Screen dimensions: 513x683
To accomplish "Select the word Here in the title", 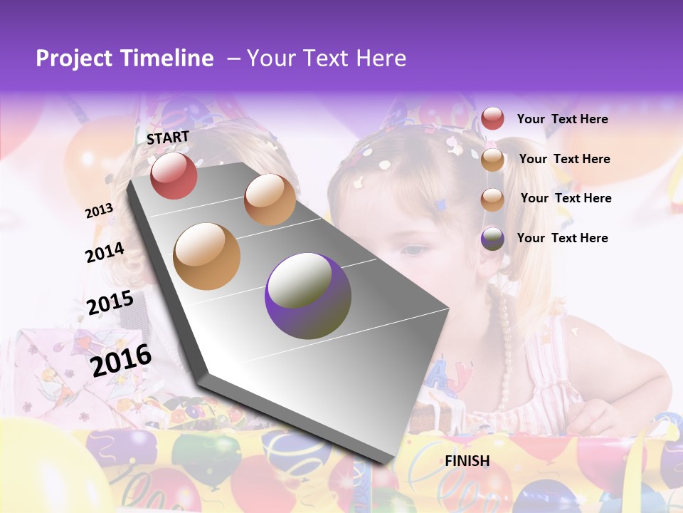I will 381,58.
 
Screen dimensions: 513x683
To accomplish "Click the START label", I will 168,138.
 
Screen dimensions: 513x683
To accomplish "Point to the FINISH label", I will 467,461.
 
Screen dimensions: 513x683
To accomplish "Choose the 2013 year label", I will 99,210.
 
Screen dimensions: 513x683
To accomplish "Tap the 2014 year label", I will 105,252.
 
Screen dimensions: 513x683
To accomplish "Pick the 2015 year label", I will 110,303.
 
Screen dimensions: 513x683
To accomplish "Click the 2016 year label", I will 121,360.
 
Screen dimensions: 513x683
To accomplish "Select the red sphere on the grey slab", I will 174,176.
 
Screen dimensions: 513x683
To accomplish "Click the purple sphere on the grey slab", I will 308,296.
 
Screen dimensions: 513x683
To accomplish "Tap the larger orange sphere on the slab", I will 207,256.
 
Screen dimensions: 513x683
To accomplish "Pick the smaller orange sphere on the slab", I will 270,199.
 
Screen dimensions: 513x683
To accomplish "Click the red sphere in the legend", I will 492,118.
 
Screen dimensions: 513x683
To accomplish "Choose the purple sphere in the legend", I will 492,239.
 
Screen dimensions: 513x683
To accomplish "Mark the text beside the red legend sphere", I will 562,119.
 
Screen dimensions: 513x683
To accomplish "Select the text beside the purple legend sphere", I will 562,238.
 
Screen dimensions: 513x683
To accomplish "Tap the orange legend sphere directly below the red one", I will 492,160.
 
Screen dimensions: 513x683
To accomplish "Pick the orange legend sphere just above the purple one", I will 492,199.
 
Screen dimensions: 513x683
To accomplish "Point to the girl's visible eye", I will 413,250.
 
